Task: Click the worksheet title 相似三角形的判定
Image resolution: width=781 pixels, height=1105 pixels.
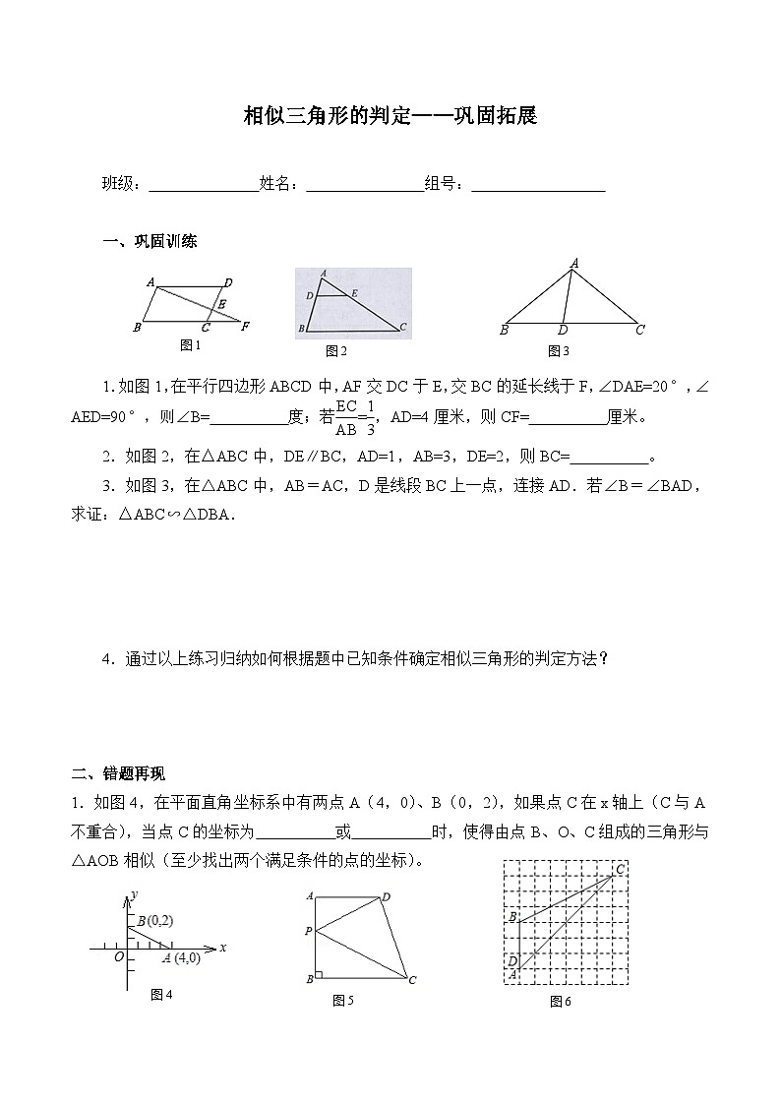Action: [390, 116]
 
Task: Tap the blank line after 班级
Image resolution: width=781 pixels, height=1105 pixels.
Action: [202, 185]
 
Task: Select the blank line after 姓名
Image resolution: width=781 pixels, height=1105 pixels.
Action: [364, 185]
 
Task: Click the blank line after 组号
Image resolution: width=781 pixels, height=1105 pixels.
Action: [538, 185]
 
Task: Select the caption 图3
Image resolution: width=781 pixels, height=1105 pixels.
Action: [559, 350]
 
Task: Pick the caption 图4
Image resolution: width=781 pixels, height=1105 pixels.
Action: [161, 995]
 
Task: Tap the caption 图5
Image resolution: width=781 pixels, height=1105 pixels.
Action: [343, 1001]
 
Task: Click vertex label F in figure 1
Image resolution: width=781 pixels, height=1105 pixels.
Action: [246, 326]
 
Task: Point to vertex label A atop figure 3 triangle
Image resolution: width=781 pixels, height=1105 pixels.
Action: [573, 263]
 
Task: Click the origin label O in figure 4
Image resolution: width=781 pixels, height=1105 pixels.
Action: [118, 956]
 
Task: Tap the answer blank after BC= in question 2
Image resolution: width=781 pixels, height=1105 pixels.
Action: [610, 458]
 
